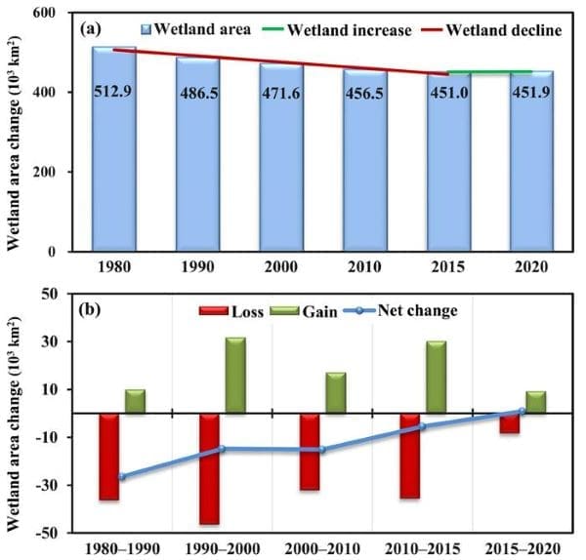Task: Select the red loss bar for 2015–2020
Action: coord(510,422)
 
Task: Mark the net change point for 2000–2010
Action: coord(321,450)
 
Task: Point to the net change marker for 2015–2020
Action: coord(522,411)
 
